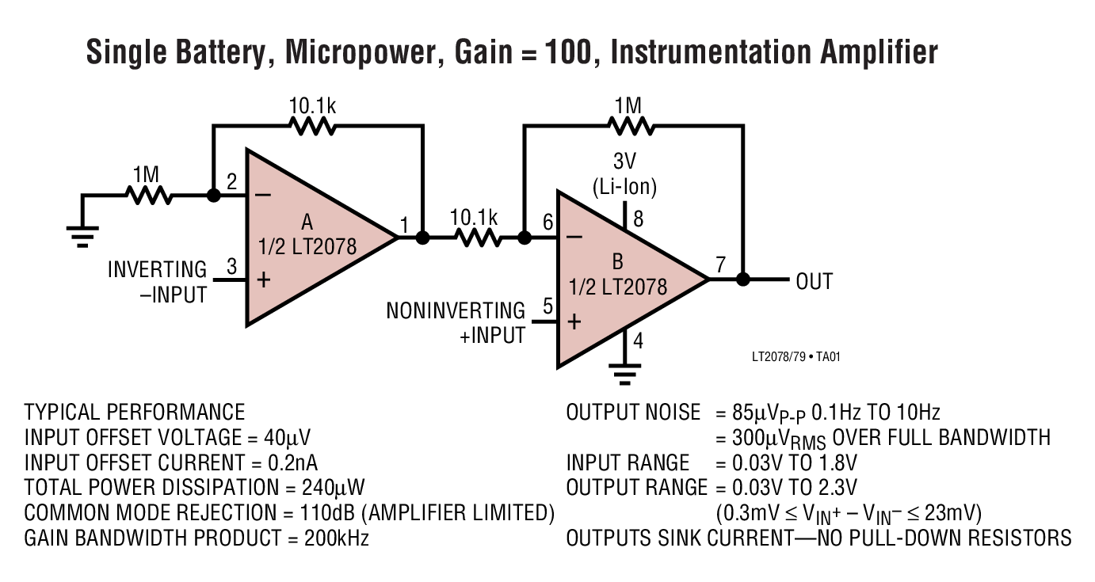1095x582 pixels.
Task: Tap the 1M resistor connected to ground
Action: coord(148,194)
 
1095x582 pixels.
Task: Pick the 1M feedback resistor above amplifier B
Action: coord(630,125)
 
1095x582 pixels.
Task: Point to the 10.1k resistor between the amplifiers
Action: coord(474,237)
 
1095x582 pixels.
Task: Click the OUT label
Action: coord(814,281)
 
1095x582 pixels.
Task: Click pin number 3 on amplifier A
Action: coord(231,267)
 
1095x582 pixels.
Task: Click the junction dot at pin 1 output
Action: coord(422,237)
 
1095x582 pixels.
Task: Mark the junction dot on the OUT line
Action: coord(742,280)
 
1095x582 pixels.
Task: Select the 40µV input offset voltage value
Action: coord(292,437)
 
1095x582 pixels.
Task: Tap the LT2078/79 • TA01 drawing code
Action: coord(795,357)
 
